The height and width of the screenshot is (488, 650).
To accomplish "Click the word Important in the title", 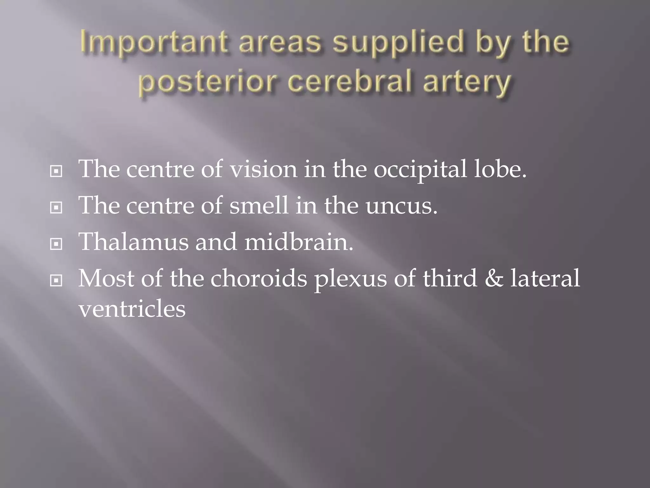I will tap(154, 43).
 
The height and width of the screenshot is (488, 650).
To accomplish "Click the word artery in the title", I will tap(467, 82).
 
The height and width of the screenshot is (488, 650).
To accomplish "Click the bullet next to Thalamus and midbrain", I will tap(56, 244).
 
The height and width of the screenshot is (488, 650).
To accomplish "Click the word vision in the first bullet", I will tap(263, 169).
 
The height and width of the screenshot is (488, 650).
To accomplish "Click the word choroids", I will tap(259, 278).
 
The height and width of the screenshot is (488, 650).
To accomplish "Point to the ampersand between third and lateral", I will tap(494, 278).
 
